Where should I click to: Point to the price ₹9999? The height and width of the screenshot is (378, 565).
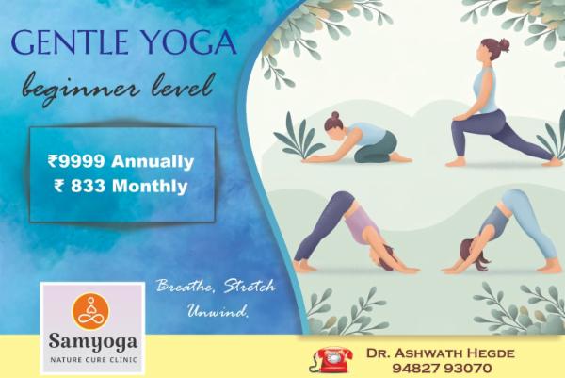coord(79,161)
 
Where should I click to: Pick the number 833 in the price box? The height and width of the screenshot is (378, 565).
coord(89,186)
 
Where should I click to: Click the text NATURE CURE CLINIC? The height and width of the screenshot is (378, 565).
coord(92,358)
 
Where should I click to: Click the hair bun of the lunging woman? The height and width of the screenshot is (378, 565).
coord(505,44)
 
